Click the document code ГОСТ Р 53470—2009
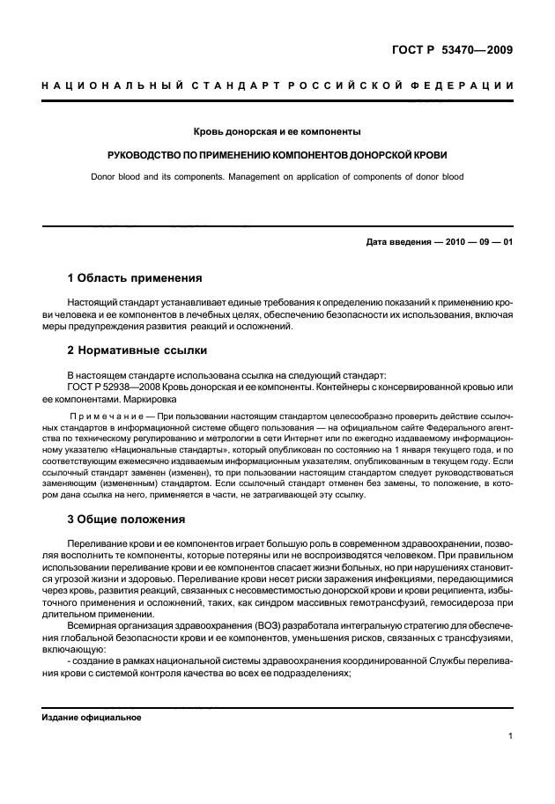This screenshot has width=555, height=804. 452,49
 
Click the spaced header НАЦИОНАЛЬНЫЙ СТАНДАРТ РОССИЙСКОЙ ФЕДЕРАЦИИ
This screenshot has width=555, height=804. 277,85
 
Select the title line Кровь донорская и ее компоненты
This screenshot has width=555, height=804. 277,132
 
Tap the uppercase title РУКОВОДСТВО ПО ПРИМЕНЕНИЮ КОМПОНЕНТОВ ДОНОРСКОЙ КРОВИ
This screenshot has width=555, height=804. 277,155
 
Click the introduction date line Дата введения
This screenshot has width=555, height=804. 438,243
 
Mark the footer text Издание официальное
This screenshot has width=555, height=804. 92,717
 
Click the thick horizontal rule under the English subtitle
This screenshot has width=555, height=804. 277,227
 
